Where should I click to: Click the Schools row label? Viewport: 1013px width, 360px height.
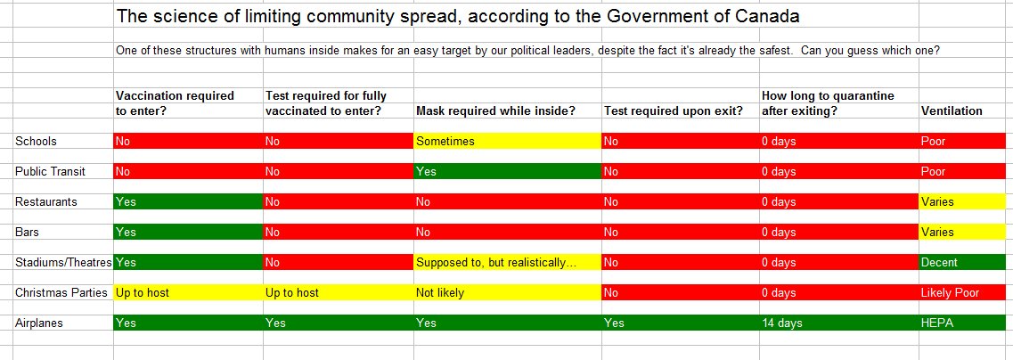(x=37, y=141)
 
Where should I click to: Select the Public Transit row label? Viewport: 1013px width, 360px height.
(x=51, y=171)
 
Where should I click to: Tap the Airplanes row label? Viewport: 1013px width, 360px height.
(x=39, y=323)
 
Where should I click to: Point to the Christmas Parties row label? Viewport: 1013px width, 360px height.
(x=61, y=293)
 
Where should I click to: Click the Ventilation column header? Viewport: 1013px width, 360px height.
(x=952, y=110)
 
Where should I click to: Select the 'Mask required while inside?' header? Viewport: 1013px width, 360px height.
(x=495, y=110)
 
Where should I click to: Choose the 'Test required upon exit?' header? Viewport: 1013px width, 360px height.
(x=674, y=110)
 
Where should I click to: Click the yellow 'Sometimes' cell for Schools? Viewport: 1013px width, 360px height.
(x=507, y=141)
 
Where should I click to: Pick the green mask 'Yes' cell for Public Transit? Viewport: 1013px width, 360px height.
(x=507, y=171)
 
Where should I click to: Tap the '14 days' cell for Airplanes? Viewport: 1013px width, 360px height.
(x=838, y=323)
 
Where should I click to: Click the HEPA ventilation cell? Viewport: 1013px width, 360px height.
(x=966, y=323)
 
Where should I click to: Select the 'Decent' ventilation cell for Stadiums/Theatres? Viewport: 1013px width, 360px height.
(x=966, y=262)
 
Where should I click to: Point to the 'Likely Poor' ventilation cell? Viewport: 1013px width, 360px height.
(x=966, y=293)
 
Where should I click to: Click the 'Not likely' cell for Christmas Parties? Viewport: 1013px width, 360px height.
(x=507, y=293)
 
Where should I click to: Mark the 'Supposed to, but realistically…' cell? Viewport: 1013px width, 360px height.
(x=507, y=262)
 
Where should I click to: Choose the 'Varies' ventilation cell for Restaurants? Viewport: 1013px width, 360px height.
(x=966, y=201)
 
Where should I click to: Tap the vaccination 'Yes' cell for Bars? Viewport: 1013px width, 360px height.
(x=188, y=232)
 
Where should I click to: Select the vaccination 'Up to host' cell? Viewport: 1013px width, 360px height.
(x=188, y=293)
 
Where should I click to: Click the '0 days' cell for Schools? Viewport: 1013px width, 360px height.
(x=838, y=141)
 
